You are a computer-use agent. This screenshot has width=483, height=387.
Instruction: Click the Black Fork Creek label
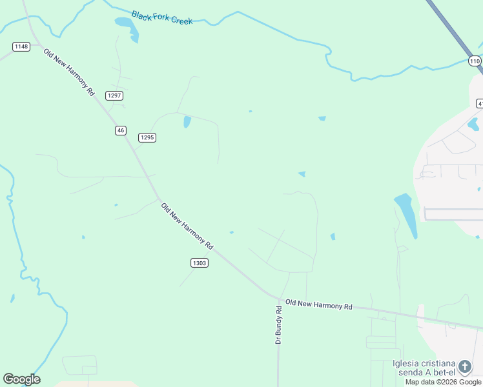[161, 17]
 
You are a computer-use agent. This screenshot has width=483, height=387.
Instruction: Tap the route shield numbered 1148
[21, 46]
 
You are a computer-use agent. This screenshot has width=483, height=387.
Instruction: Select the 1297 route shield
[115, 95]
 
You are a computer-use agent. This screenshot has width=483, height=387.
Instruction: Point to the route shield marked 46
[120, 130]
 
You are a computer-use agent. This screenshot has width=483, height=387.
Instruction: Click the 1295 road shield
[147, 137]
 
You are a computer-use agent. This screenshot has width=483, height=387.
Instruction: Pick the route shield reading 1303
[200, 263]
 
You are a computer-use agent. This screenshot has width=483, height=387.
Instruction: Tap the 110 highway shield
[475, 61]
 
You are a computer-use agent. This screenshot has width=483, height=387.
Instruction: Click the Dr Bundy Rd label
[279, 324]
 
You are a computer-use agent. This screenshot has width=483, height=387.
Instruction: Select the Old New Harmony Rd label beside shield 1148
[69, 72]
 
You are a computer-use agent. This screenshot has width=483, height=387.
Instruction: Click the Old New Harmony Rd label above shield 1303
[187, 226]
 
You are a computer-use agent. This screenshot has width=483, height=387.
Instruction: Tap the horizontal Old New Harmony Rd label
[319, 304]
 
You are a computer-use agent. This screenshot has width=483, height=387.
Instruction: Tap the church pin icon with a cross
[464, 366]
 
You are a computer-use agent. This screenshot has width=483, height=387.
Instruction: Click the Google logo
[21, 379]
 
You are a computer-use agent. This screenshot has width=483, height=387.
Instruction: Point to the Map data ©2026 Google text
[443, 382]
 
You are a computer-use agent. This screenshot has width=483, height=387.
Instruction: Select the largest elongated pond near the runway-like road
[406, 215]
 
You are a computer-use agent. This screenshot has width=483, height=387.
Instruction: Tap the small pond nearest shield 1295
[187, 121]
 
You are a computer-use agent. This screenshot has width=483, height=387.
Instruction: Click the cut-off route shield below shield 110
[480, 103]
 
